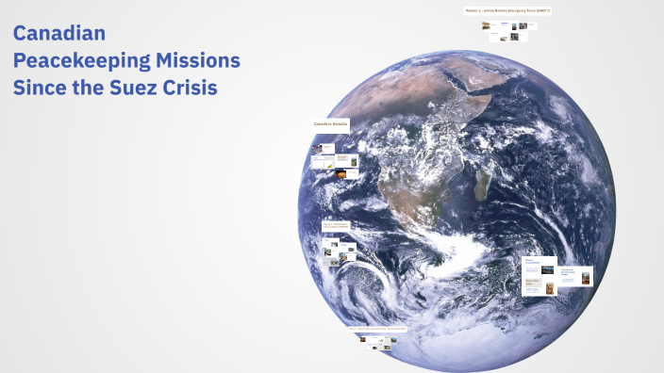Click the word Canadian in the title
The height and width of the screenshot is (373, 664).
tap(58, 34)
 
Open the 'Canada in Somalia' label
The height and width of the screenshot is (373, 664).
tap(331, 123)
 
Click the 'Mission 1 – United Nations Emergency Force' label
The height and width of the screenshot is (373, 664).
tap(507, 10)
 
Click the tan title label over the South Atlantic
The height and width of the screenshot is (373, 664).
tap(337, 226)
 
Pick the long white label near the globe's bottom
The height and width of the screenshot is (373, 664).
tap(377, 329)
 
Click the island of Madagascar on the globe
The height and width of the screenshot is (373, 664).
tap(483, 185)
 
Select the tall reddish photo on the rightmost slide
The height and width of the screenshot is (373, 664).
tap(586, 277)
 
